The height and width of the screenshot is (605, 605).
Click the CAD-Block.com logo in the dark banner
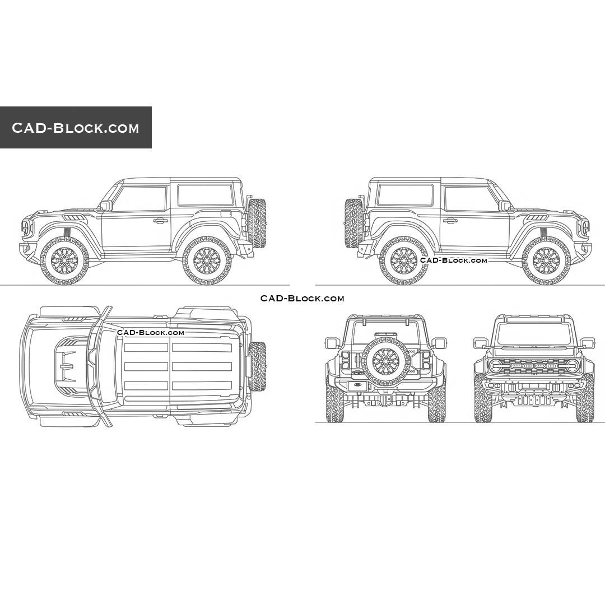pos(76,128)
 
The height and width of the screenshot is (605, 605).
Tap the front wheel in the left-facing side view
pos(64,260)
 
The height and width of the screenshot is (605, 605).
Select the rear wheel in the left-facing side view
pos(207,260)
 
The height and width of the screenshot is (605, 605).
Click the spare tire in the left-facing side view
pos(257,223)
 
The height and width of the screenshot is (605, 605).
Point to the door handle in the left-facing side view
pos(161,221)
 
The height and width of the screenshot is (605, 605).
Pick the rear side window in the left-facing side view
pos(206,195)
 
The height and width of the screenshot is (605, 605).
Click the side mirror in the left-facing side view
pos(105,206)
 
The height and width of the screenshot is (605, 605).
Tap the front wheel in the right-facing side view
pos(546,260)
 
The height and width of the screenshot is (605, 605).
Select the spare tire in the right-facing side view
pos(353,223)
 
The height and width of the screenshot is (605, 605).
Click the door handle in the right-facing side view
pos(450,221)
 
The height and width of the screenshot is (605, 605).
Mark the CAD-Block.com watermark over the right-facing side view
pos(454,260)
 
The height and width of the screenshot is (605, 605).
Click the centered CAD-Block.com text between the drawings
pos(302,299)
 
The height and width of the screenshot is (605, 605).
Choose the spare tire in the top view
pos(257,366)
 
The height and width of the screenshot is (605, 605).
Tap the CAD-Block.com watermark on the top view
pos(151,333)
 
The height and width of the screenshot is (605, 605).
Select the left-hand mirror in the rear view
pos(332,343)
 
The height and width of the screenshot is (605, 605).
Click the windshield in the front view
pos(534,334)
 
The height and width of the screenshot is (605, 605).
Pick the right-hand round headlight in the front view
pos(571,366)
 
